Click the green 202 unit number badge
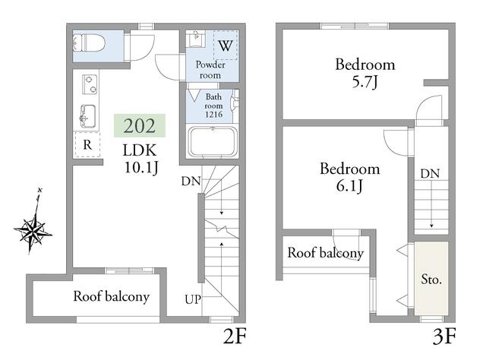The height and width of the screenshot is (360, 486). (x=140, y=125)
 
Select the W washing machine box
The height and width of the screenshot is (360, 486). (x=226, y=46)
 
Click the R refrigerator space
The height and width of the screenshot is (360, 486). (x=87, y=144)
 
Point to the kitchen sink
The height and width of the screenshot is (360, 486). (x=88, y=116)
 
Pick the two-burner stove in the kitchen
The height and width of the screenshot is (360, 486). (x=90, y=84)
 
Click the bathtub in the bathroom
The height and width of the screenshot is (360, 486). (x=213, y=142)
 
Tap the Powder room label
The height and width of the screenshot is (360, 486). (x=210, y=70)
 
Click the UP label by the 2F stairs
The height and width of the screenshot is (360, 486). (x=193, y=299)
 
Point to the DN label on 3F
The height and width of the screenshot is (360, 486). (x=430, y=174)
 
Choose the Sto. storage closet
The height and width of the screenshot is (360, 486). (x=431, y=279)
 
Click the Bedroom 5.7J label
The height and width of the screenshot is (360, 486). (x=365, y=73)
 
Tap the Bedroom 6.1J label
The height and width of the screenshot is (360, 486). (x=349, y=177)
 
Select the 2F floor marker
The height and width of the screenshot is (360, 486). (x=235, y=336)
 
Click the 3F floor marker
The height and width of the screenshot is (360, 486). (x=444, y=336)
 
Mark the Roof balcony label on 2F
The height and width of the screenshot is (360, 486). (x=112, y=296)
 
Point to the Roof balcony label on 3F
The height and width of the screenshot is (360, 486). (x=325, y=253)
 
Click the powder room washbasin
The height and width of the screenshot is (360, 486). (x=197, y=39)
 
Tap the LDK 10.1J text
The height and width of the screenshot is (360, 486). (x=140, y=159)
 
